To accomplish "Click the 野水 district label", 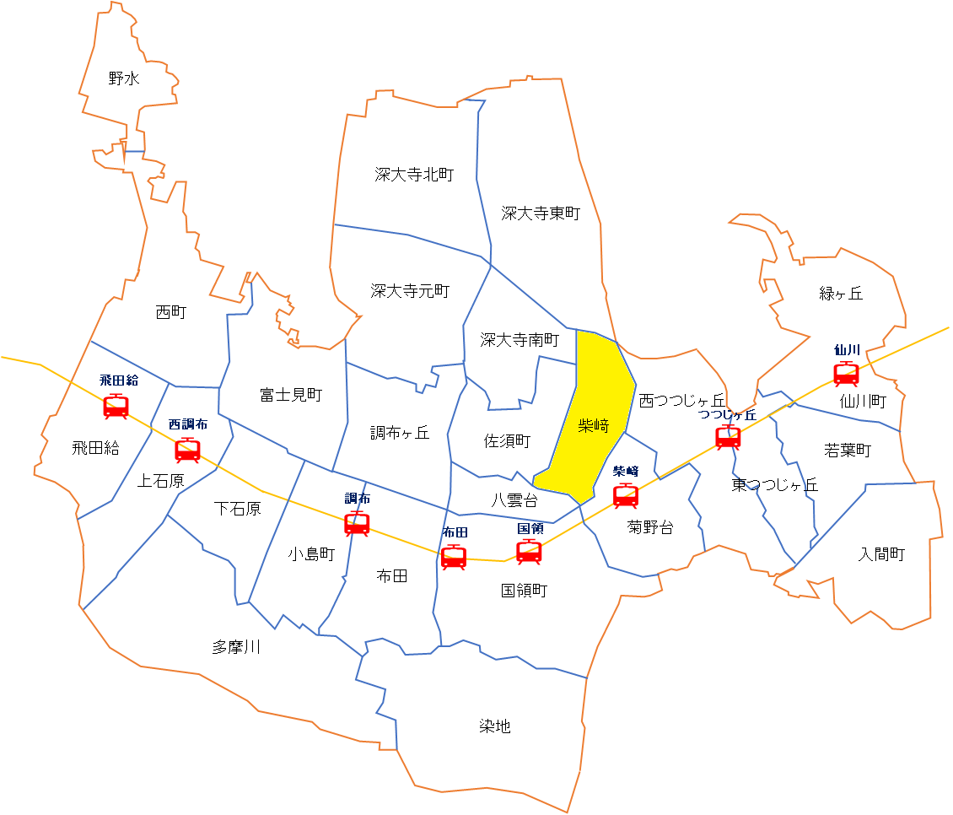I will coord(124,78).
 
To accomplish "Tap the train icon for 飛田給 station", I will coord(116,406).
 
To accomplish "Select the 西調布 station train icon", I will coord(187,450).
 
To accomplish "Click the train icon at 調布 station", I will coord(357,524).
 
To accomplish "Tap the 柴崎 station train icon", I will coord(625,495).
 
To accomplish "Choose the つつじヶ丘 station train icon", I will coord(728,437).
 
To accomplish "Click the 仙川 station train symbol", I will coord(846,373).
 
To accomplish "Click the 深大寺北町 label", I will coord(414,175).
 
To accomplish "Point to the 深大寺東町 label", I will coord(541,213).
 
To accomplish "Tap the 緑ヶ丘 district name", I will coord(841,294).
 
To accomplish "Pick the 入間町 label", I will coord(881,554).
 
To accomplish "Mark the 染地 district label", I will coord(495,726).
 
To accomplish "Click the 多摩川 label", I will coord(236,647).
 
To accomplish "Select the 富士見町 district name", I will coord(291,394).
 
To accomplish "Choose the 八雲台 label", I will coord(514,500).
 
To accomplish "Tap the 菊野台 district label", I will coord(650,527).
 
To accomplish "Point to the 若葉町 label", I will coord(848,451).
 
